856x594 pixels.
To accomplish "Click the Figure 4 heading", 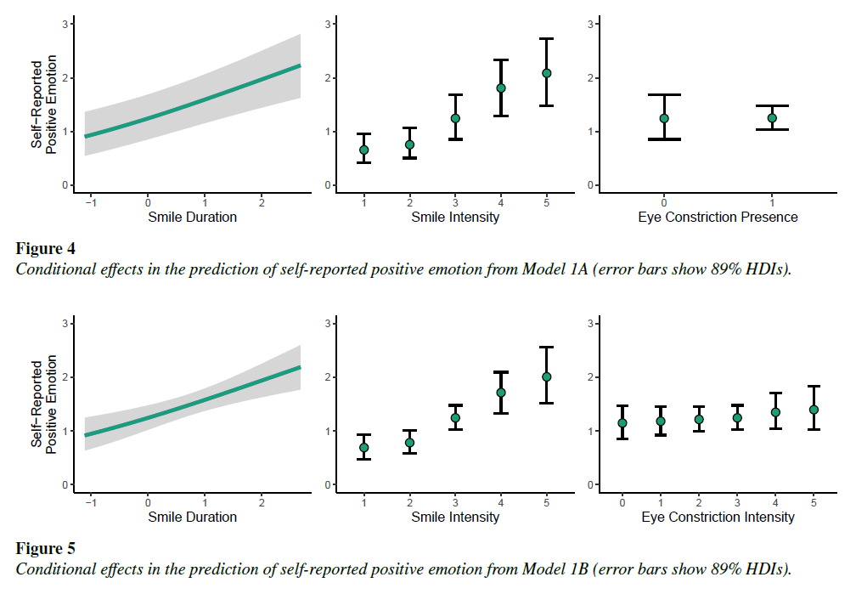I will (x=46, y=249).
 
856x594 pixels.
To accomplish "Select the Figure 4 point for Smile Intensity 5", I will (x=547, y=73).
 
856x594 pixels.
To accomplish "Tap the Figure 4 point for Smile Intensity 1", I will (x=364, y=150).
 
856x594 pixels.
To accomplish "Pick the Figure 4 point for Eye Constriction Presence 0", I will (x=664, y=118).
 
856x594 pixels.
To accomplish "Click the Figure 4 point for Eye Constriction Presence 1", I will (x=772, y=118).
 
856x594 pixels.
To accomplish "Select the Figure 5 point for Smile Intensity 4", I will (x=501, y=393).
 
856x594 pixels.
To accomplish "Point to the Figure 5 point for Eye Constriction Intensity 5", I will (x=814, y=410).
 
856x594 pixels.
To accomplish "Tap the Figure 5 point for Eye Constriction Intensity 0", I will (x=622, y=422).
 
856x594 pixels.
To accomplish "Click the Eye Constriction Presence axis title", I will (x=718, y=218).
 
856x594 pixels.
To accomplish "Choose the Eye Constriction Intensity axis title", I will (x=718, y=517).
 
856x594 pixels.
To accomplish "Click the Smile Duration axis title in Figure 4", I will (x=193, y=218).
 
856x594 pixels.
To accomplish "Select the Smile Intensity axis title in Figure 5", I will (x=455, y=517).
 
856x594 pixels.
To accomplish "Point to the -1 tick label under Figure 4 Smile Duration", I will (x=90, y=201).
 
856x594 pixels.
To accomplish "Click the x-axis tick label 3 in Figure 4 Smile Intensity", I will (x=455, y=201).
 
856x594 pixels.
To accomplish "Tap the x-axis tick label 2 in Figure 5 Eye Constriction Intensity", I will (x=699, y=501).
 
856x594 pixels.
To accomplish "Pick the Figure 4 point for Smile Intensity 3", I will (x=455, y=118).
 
